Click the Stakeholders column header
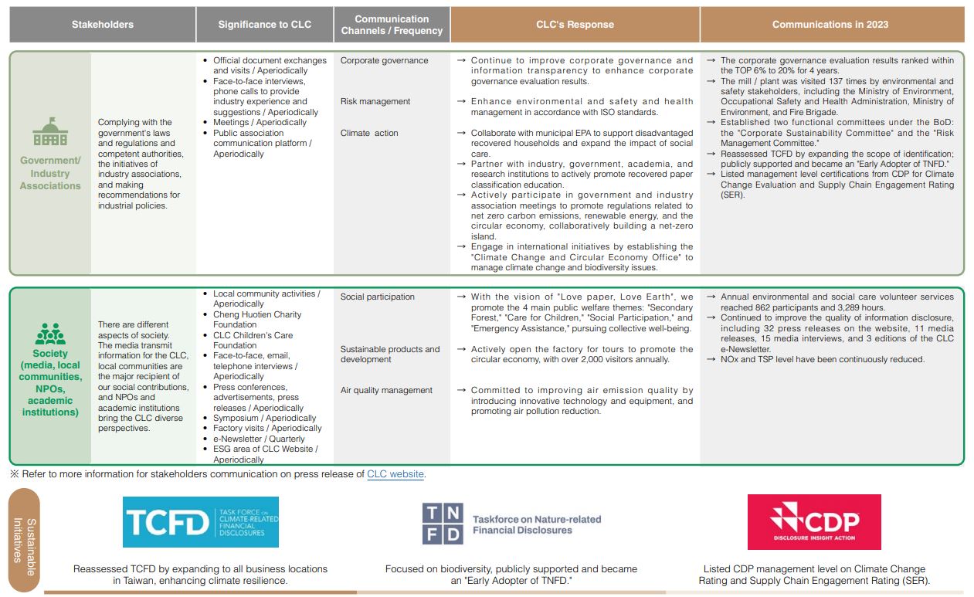click(102, 25)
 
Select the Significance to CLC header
click(264, 25)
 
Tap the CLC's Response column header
click(575, 25)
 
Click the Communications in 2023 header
click(830, 25)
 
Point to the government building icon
click(50, 132)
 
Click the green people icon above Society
click(50, 334)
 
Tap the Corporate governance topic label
click(384, 60)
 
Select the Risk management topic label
click(375, 101)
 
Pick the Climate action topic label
click(369, 133)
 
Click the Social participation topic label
click(377, 297)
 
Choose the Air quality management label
click(386, 390)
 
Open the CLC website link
click(395, 474)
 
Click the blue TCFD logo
click(201, 522)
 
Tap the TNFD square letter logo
click(442, 524)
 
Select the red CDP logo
click(814, 522)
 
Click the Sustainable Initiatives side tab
click(24, 540)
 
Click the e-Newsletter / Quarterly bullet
click(259, 439)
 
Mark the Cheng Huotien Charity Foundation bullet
click(257, 320)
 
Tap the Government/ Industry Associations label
click(50, 173)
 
